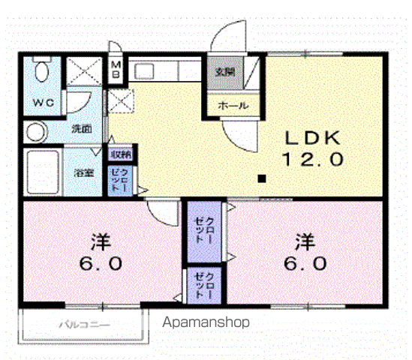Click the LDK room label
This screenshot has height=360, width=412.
pos(313,138)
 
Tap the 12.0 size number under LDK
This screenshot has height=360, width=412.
pos(313,159)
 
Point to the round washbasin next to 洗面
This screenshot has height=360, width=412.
pos(35,133)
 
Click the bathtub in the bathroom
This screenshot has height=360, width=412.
pos(43,172)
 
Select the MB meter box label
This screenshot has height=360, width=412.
pos(117,70)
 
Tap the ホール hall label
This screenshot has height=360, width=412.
pos(233,106)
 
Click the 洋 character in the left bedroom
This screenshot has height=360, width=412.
pos(101,242)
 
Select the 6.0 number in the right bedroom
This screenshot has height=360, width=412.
pos(304,264)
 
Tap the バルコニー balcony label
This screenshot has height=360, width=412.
pos(84,325)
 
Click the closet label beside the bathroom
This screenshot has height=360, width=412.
pos(123,181)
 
